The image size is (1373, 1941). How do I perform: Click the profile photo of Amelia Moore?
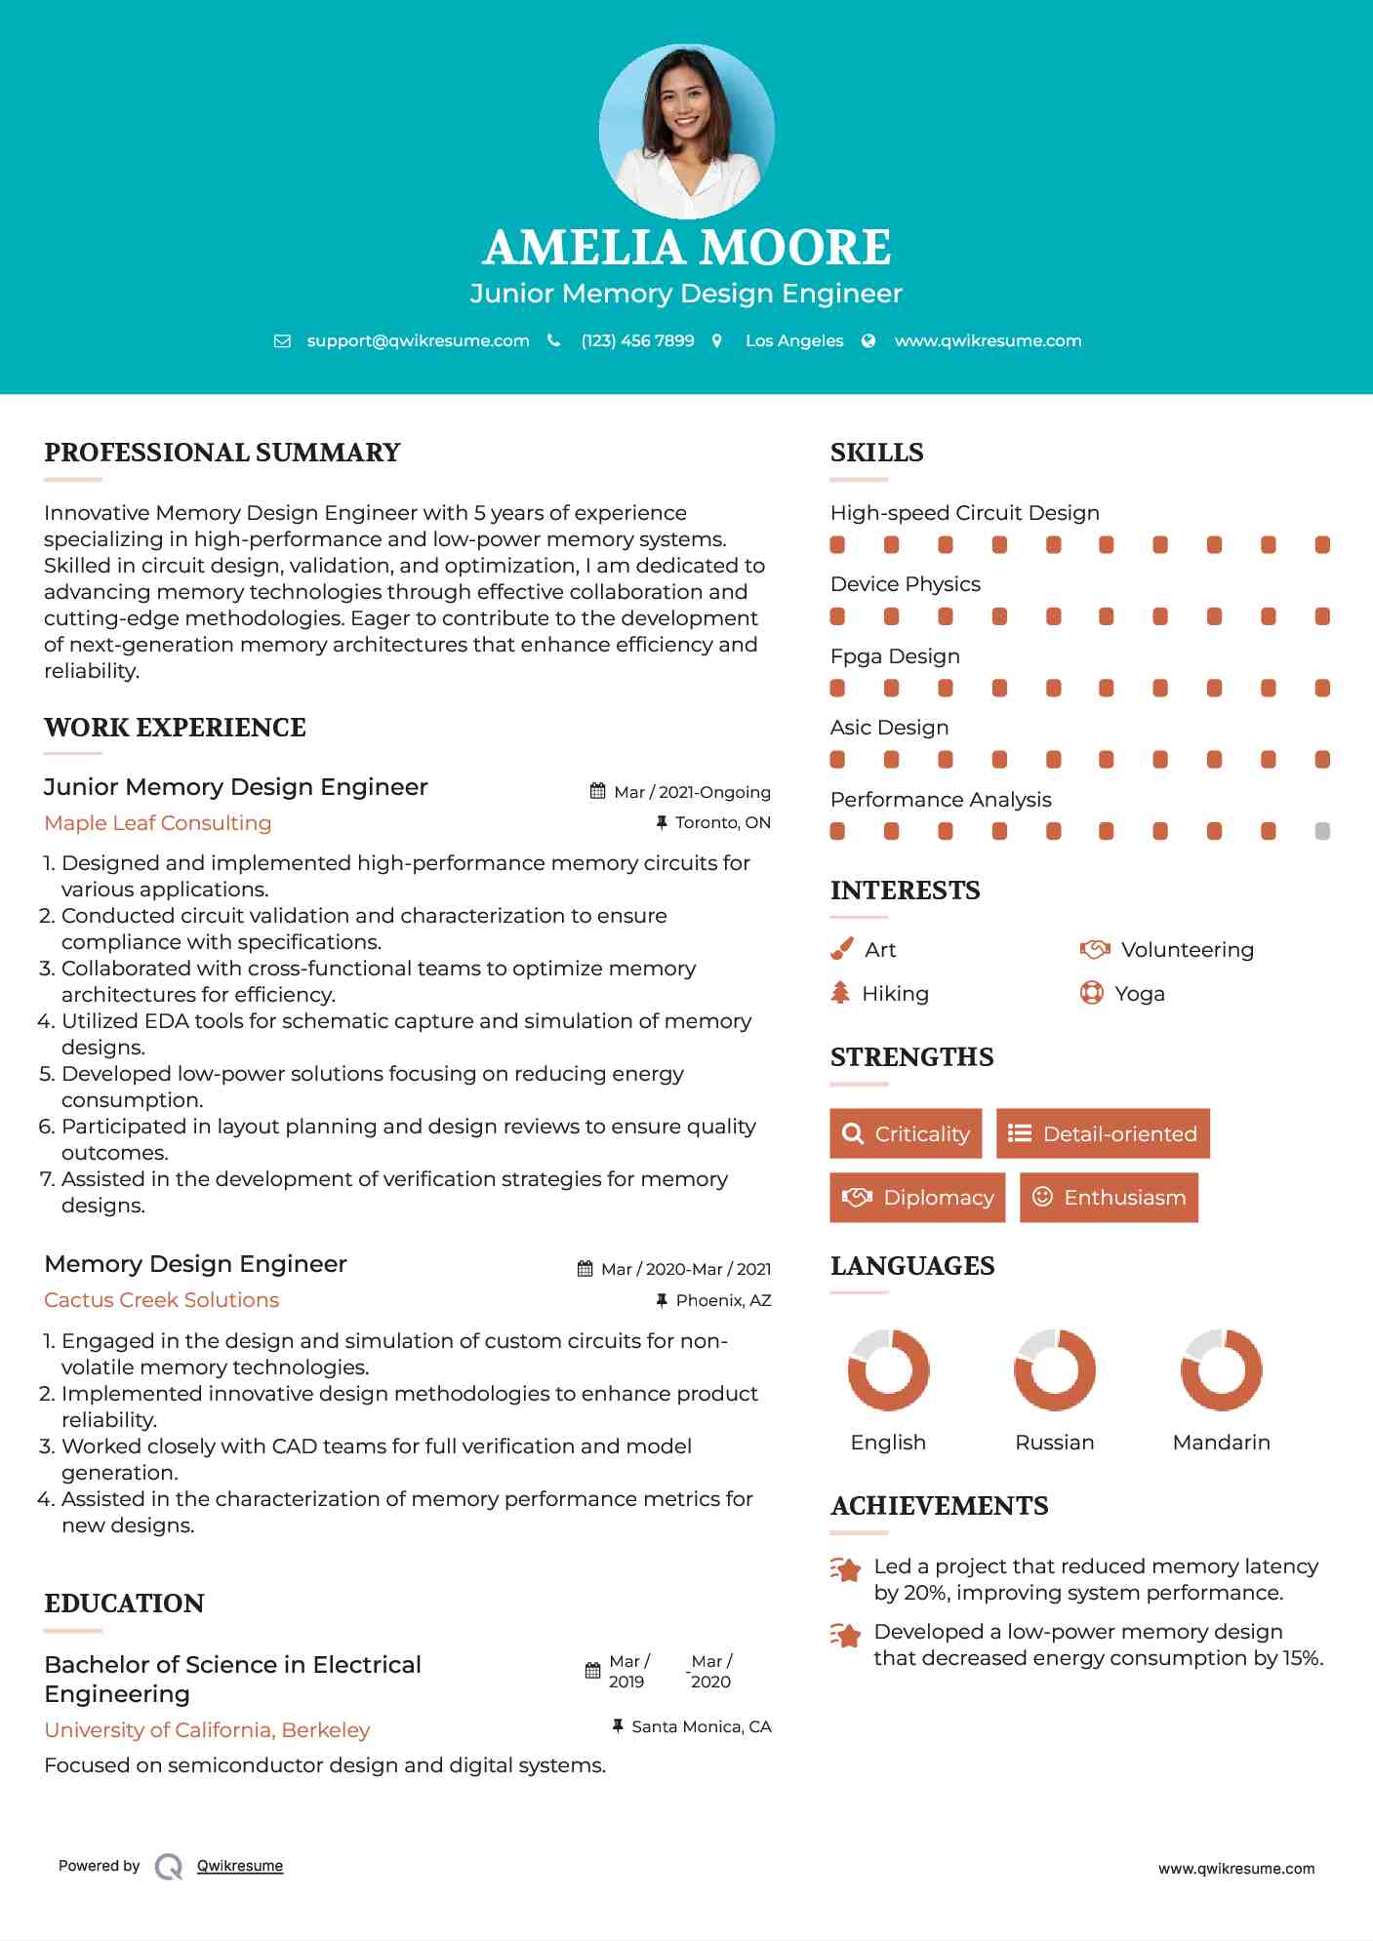pos(686,131)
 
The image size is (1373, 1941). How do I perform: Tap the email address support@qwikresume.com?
pos(418,340)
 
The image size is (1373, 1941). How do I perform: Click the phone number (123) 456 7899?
pos(637,340)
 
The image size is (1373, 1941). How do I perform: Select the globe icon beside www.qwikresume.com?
pos(868,340)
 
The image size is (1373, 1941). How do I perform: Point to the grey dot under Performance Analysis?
pos(1322,831)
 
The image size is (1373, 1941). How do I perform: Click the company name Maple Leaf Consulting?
pos(158,822)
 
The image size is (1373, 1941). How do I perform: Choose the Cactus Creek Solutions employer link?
pos(162,1299)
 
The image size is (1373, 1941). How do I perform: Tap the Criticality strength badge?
pos(906,1133)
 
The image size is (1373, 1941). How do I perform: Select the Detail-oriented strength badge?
pos(1103,1133)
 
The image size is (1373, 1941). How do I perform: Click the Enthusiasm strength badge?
pos(1109,1197)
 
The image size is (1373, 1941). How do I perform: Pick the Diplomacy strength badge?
pos(917,1197)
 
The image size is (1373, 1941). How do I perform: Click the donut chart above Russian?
pos(1055,1369)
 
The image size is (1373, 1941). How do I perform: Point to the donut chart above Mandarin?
pos(1221,1369)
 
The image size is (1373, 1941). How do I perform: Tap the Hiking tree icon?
pos(840,993)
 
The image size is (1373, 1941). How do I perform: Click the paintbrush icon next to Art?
pos(841,949)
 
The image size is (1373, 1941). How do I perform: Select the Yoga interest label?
pos(1140,993)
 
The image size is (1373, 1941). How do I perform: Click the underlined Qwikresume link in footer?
pos(240,1865)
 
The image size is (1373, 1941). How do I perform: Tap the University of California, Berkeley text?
pos(207,1729)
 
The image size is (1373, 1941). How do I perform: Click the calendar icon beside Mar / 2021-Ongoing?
pos(597,791)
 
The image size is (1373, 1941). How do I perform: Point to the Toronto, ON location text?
pos(722,822)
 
